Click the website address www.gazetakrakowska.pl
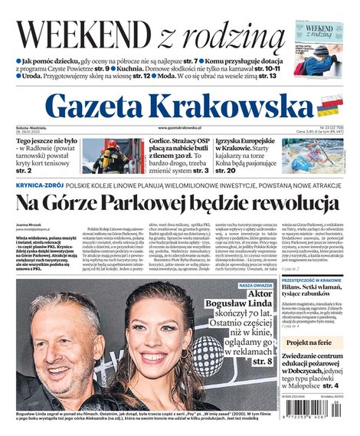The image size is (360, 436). pos(180,127)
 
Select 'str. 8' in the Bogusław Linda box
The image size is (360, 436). pos(263,360)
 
